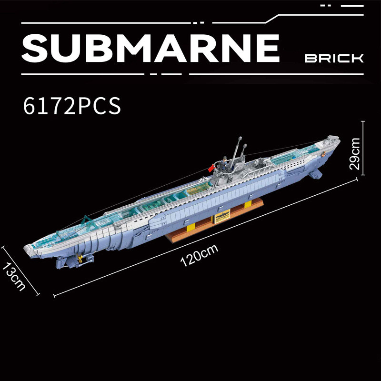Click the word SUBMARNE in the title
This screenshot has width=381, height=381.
(x=150, y=48)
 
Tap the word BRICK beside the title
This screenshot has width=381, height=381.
(x=334, y=59)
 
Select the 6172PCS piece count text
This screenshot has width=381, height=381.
(x=71, y=106)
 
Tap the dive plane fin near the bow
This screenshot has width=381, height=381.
(x=315, y=174)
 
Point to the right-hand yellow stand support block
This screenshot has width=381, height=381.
(x=247, y=205)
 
